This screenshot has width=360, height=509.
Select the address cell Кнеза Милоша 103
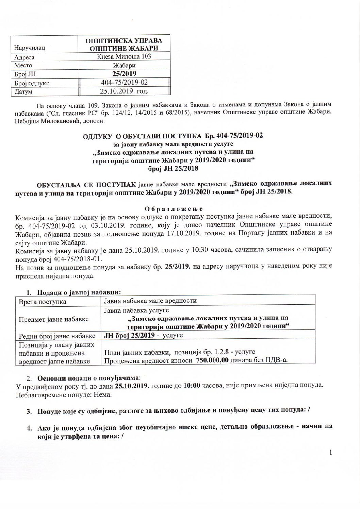click(x=124, y=56)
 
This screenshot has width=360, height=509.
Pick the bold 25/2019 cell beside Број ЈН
click(x=124, y=74)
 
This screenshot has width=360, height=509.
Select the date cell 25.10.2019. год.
click(x=124, y=91)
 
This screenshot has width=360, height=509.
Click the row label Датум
click(x=23, y=91)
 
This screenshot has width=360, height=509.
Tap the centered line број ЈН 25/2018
click(x=174, y=168)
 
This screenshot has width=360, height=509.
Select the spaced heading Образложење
click(x=174, y=208)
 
